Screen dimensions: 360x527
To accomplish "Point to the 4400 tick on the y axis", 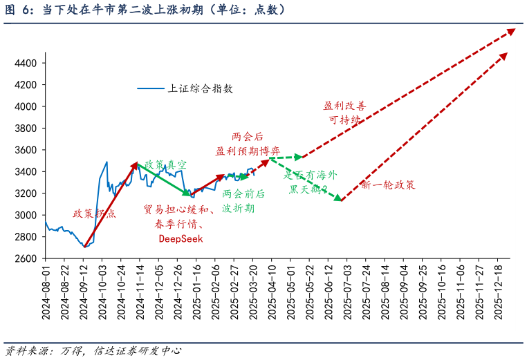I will (26, 64).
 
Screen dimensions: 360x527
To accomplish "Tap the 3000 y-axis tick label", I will (26, 216).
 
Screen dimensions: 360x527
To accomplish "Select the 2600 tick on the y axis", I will (26, 259).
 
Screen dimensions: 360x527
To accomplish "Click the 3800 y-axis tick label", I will (26, 129).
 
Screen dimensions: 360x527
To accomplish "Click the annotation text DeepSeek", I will (181, 238).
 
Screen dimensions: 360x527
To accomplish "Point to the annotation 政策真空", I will (165, 165).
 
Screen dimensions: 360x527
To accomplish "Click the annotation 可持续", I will (344, 120).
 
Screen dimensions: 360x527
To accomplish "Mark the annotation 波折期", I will (239, 207).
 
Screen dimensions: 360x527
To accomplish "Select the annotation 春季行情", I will (178, 224).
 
